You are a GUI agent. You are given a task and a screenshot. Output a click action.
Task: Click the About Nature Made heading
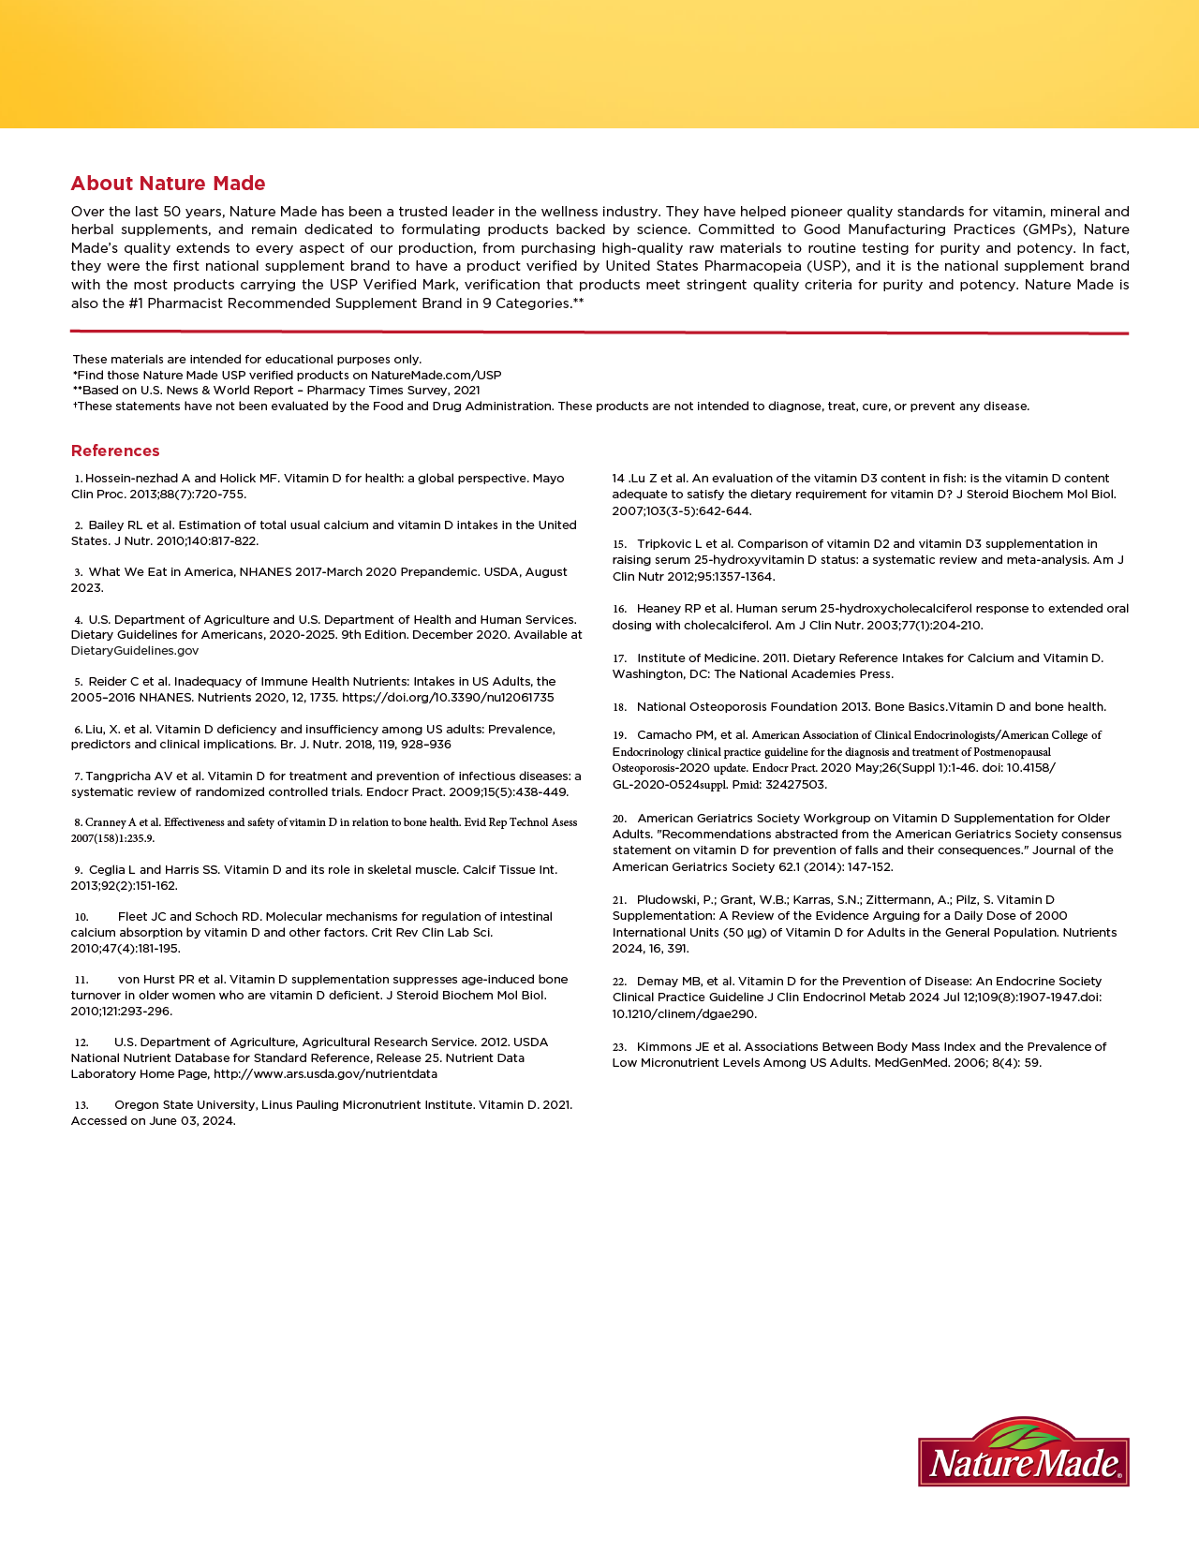pos(168,184)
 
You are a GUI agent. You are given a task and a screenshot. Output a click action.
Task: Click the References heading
pos(115,451)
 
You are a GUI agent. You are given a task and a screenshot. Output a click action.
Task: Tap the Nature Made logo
pos(1023,1452)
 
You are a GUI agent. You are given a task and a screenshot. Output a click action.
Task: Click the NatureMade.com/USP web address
pos(436,375)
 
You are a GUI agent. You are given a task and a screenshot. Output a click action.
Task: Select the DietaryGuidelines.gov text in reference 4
pos(135,650)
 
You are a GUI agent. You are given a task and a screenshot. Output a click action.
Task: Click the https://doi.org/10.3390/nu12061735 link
pos(448,697)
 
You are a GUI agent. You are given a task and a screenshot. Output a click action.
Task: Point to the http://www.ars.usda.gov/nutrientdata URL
pos(325,1073)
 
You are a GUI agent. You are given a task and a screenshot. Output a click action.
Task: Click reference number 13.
pos(81,1105)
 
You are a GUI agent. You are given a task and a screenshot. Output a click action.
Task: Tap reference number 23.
pos(619,1047)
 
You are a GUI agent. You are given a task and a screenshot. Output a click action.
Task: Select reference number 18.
pos(619,707)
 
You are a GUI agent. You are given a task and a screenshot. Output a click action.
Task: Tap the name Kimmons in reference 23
pos(665,1046)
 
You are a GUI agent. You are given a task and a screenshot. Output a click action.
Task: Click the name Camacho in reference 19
pos(663,735)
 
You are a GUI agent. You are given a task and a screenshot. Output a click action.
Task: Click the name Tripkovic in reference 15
pos(666,543)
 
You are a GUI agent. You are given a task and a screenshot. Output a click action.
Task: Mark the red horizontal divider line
pos(599,332)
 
